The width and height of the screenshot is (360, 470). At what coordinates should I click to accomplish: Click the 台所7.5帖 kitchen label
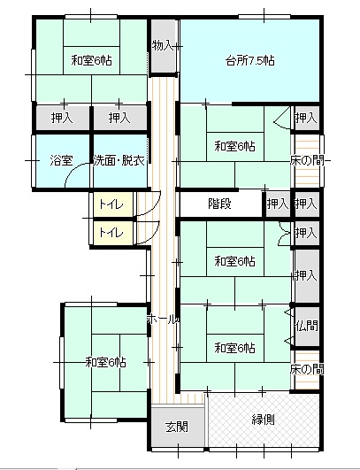point(249,61)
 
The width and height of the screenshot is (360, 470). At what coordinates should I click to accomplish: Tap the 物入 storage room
point(163,46)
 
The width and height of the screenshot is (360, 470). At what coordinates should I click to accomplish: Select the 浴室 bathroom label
point(61,161)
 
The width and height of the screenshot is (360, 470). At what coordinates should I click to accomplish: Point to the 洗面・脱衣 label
point(119,161)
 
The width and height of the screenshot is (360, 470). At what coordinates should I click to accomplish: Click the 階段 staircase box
point(221,204)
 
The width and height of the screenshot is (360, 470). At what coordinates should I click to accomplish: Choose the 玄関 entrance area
point(178,426)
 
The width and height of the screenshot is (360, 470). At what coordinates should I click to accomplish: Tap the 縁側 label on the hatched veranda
point(263,420)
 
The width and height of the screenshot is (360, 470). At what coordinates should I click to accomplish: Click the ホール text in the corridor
point(163,320)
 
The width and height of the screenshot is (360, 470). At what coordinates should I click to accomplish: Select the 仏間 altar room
point(306,326)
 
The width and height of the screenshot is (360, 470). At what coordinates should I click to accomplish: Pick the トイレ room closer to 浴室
point(112,204)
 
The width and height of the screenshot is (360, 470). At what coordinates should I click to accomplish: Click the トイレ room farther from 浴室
point(112,233)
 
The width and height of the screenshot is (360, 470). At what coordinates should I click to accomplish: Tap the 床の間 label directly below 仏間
point(307,370)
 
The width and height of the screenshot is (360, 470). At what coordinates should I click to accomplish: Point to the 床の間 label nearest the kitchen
point(307,161)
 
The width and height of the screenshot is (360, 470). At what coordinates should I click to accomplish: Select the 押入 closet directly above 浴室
point(63,118)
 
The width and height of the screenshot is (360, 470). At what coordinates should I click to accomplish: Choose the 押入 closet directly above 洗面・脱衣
point(120,118)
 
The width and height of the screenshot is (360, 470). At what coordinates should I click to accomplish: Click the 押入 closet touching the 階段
point(278,204)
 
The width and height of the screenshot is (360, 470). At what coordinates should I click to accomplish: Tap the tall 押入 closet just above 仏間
point(306,275)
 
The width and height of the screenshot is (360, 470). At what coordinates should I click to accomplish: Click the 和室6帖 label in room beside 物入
point(91,60)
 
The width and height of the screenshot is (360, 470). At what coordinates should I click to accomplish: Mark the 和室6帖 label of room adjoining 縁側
point(234,349)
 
